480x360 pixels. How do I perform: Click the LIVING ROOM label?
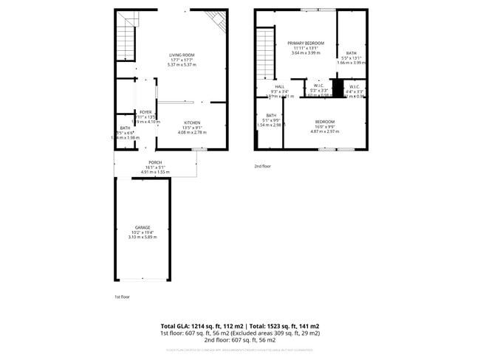[181, 55]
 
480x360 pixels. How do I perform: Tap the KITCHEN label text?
[192, 122]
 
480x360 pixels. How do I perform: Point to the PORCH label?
[155, 162]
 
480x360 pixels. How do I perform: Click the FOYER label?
[145, 112]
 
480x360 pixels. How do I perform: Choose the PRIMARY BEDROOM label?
[306, 44]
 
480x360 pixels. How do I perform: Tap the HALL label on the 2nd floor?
[280, 86]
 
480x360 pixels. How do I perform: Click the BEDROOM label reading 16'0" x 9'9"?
[325, 122]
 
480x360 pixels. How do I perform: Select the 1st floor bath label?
[124, 128]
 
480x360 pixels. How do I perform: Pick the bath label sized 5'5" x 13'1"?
[351, 53]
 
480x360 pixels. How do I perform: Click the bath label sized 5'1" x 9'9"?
[271, 115]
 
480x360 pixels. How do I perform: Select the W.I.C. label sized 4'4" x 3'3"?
[354, 86]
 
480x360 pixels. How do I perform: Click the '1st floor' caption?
[122, 296]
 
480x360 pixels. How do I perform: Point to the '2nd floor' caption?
[263, 166]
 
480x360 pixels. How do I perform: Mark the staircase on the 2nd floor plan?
[265, 55]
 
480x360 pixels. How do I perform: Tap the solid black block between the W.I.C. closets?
[337, 89]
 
